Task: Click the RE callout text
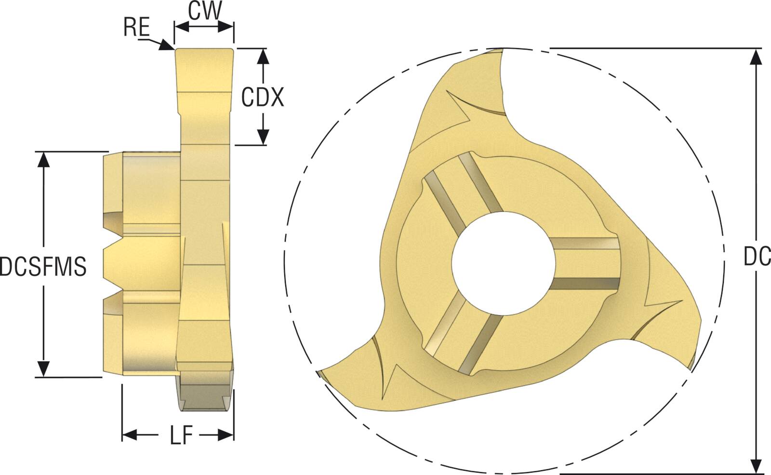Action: point(136,27)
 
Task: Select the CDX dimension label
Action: point(263,98)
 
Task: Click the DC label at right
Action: point(757,257)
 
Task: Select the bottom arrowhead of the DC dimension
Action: point(757,465)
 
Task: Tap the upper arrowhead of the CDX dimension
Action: point(263,57)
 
